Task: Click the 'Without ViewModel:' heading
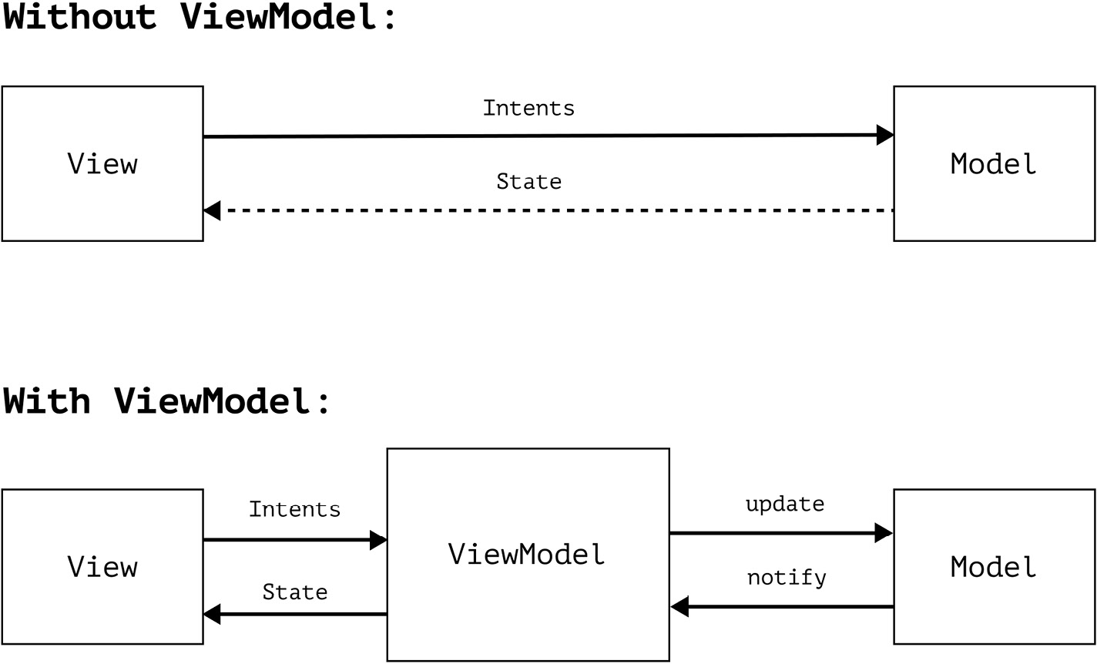[199, 17]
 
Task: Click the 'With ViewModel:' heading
[166, 401]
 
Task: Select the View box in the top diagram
[102, 164]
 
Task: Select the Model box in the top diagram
[994, 164]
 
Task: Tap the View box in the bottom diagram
[102, 567]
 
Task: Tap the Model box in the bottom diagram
[994, 567]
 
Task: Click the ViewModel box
[528, 555]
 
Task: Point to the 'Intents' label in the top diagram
[528, 108]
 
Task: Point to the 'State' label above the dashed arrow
[528, 182]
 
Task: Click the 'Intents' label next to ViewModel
[294, 509]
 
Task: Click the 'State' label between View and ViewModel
[294, 592]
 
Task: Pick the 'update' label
[784, 505]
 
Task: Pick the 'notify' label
[786, 578]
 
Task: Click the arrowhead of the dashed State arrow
[213, 210]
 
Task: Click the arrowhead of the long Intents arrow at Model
[885, 135]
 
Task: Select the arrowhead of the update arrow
[884, 532]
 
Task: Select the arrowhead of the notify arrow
[679, 607]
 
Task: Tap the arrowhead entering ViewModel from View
[377, 540]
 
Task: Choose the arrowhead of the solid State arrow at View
[213, 614]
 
